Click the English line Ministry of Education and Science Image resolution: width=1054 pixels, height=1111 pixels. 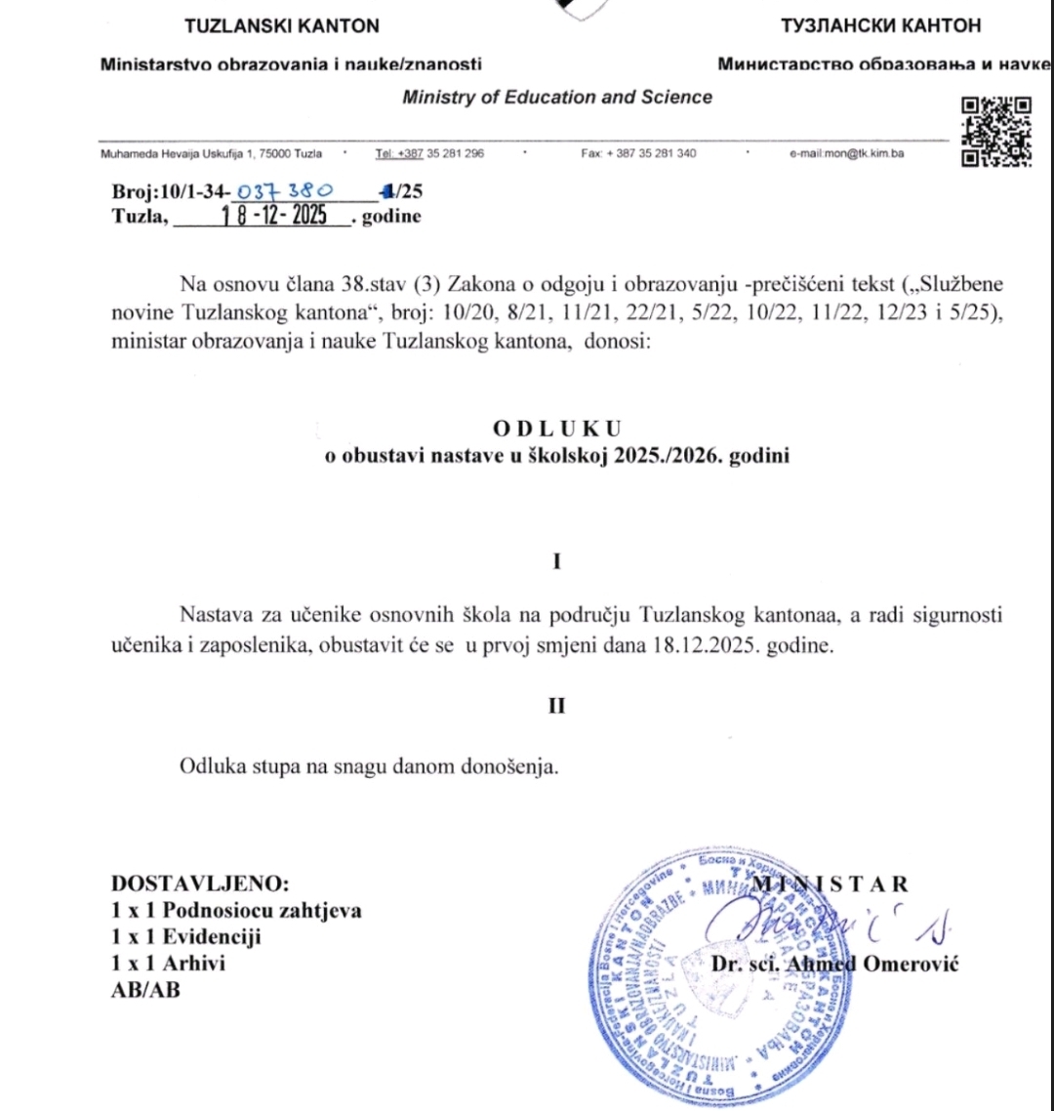(556, 97)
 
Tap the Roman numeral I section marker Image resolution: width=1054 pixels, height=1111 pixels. (556, 561)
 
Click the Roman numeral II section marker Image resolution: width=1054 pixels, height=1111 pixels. (556, 706)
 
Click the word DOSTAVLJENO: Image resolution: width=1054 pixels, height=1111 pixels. (201, 885)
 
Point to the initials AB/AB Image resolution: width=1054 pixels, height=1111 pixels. (146, 988)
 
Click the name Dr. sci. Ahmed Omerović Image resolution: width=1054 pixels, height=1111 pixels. (836, 965)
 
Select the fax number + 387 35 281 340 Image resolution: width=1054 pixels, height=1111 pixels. (638, 154)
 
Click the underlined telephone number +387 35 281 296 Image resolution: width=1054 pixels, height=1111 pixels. (429, 154)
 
